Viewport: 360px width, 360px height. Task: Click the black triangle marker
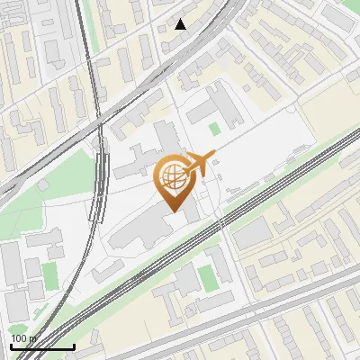(x=181, y=24)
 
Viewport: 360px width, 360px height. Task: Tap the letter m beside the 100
(x=33, y=338)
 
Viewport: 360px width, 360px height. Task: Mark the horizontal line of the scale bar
(x=42, y=346)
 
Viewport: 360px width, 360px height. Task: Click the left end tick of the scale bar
(x=11, y=345)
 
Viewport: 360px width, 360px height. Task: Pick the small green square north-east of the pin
(x=213, y=130)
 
